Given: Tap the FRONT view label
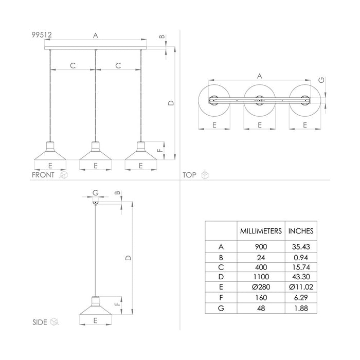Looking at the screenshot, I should click(44, 175).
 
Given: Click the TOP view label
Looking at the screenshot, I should click(190, 175).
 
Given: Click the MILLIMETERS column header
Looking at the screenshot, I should click(261, 231).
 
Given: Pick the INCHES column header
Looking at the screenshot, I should click(300, 231).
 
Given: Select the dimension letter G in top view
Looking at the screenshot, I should click(321, 80).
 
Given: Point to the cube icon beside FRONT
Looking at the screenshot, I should click(64, 175).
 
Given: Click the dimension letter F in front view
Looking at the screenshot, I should click(159, 151).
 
